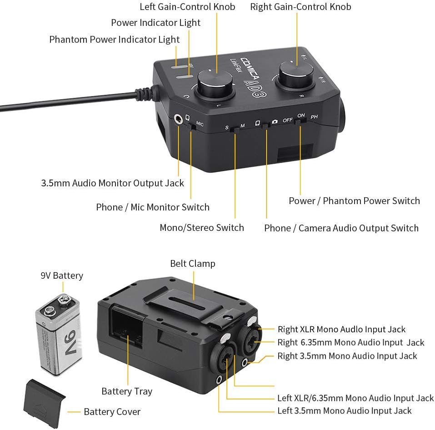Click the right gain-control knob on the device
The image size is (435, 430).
click(296, 73)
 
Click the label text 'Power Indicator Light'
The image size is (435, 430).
click(155, 23)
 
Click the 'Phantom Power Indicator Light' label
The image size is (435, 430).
click(115, 40)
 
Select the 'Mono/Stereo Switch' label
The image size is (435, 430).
click(201, 228)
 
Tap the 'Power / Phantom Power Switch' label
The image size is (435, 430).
click(354, 201)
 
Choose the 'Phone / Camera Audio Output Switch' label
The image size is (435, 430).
click(341, 228)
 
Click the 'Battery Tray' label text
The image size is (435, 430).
click(127, 391)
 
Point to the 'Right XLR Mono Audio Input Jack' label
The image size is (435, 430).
click(341, 330)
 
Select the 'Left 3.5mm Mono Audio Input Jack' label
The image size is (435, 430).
click(344, 411)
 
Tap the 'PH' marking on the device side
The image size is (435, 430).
click(314, 117)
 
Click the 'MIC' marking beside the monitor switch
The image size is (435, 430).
click(200, 124)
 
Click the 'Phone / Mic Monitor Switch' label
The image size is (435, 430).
click(153, 207)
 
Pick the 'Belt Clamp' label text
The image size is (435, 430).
click(193, 264)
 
